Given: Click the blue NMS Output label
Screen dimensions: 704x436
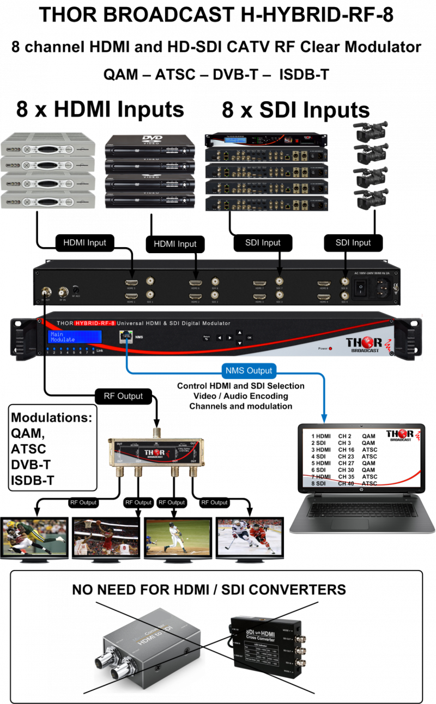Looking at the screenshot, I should [248, 371].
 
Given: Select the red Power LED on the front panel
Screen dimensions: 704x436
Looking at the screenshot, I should [330, 348].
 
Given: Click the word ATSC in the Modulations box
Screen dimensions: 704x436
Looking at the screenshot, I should [28, 449].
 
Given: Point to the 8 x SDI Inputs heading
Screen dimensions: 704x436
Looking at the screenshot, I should [295, 110].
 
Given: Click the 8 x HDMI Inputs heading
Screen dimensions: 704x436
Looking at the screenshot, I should [100, 110].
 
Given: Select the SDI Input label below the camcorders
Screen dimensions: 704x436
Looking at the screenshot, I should [353, 243].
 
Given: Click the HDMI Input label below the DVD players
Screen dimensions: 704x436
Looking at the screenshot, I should [175, 244].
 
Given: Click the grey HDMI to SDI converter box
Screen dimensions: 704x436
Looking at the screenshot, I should [150, 646].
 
